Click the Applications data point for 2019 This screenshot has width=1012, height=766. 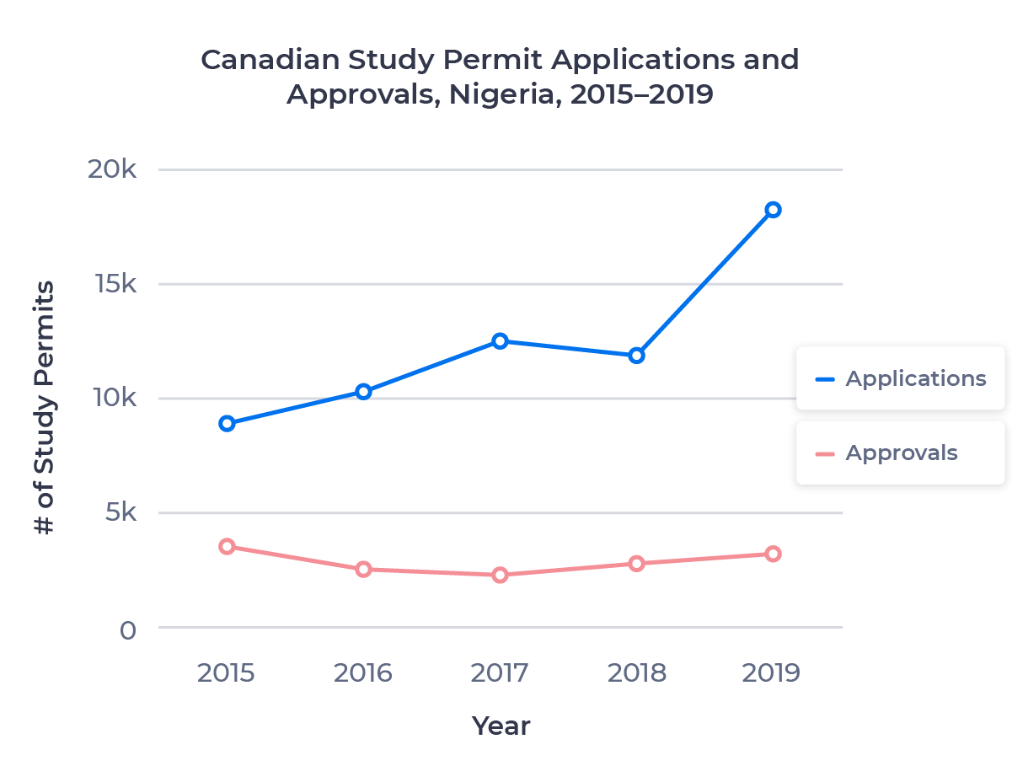[x=773, y=210]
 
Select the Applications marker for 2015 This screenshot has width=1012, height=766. [x=227, y=423]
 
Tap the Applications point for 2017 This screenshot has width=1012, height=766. [x=500, y=341]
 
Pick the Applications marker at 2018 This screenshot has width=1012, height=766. [x=636, y=356]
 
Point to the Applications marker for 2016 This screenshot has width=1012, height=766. [x=363, y=391]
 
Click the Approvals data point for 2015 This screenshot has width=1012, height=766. [x=227, y=546]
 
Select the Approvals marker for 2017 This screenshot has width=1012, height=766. [x=500, y=575]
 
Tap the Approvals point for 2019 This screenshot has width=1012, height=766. [x=773, y=554]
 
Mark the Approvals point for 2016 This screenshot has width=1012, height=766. [x=363, y=569]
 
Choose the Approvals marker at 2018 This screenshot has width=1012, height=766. [x=636, y=563]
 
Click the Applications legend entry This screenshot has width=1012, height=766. [x=899, y=378]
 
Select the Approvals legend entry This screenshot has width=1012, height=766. [x=899, y=453]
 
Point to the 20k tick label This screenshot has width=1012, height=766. [x=111, y=169]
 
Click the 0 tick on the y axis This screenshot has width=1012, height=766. [x=127, y=629]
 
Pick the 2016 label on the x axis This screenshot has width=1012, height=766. [x=363, y=673]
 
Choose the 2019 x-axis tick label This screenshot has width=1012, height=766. [x=772, y=673]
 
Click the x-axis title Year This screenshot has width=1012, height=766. [x=501, y=726]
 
